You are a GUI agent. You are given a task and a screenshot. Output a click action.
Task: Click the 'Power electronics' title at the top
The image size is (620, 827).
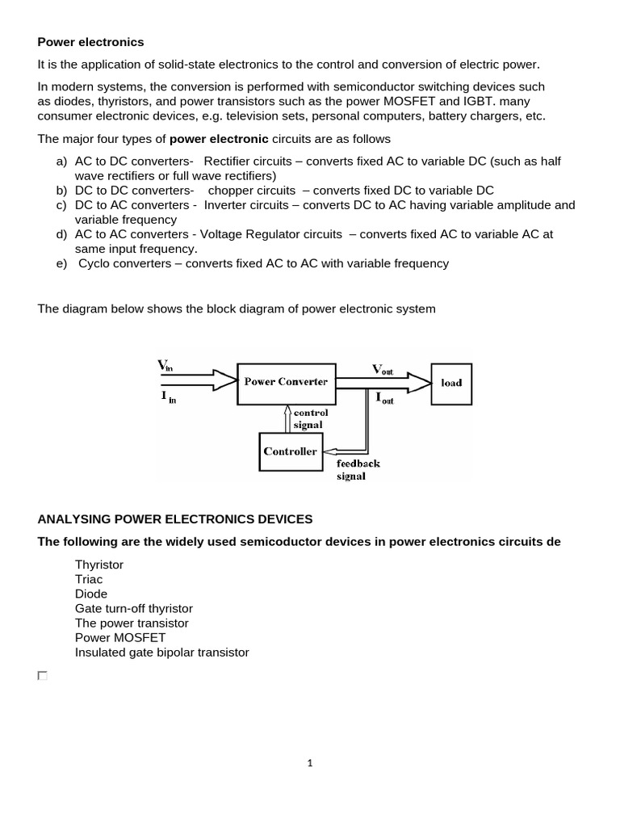(x=90, y=41)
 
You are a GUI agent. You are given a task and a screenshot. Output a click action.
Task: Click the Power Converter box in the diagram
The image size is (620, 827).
(x=286, y=381)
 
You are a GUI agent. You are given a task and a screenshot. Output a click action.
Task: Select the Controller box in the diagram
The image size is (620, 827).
(x=290, y=451)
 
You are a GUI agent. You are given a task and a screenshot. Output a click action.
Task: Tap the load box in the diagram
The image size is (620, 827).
(x=451, y=382)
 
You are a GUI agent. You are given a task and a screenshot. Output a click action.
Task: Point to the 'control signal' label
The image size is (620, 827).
(x=310, y=418)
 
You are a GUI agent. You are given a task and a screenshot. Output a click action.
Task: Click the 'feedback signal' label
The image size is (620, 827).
(x=358, y=469)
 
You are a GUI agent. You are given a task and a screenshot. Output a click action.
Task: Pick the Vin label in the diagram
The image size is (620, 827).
(x=165, y=367)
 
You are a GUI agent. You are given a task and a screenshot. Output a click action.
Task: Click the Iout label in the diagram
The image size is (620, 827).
(x=384, y=397)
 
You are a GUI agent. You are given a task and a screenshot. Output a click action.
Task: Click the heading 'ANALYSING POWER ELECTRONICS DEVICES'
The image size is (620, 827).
(x=174, y=518)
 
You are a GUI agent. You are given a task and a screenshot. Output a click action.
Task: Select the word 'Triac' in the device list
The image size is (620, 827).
(x=89, y=580)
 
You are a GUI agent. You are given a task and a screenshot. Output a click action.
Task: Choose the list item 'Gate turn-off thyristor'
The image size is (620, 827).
(x=134, y=609)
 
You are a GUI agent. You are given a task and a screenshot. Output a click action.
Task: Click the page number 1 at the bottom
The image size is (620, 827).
(x=309, y=761)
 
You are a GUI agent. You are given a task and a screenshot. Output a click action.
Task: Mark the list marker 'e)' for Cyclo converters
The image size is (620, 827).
(x=61, y=263)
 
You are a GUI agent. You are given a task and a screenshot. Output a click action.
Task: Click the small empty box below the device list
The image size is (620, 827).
(x=43, y=675)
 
